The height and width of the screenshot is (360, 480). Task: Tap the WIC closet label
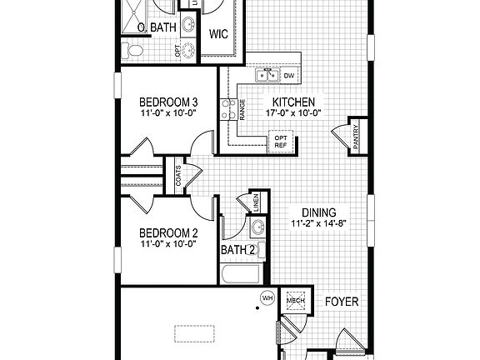[x=219, y=35]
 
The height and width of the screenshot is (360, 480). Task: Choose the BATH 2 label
[x=237, y=249]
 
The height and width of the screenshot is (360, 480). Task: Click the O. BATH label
[x=156, y=28]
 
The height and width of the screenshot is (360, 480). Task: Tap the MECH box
[x=296, y=301]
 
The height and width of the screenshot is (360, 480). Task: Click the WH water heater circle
[x=267, y=297]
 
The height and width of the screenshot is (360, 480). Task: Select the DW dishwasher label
[x=290, y=77]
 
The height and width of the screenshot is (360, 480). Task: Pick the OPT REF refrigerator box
[x=280, y=141]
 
